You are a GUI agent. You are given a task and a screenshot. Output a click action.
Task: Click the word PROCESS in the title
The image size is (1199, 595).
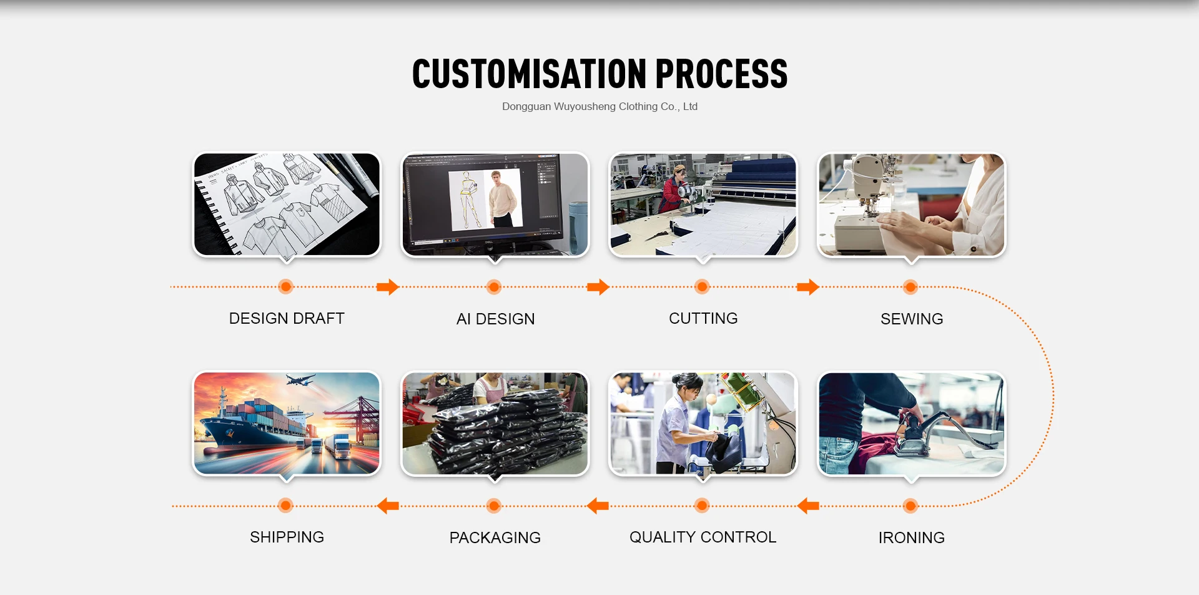click(x=721, y=74)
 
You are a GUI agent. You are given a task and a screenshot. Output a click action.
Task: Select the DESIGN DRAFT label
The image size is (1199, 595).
click(x=287, y=318)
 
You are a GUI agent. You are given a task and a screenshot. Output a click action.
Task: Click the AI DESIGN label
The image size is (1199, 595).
click(x=495, y=319)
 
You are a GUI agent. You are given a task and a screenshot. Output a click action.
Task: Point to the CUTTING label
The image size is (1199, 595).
click(x=703, y=318)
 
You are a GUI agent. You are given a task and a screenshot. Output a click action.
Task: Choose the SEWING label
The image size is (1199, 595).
click(x=912, y=319)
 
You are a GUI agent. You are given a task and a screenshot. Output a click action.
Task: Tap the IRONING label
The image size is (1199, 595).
click(x=911, y=537)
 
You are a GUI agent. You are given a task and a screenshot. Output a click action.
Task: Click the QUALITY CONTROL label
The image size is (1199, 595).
click(x=703, y=537)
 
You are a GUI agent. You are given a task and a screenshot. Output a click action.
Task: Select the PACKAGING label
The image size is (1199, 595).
click(x=495, y=537)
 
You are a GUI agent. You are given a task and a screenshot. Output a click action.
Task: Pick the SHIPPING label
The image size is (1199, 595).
click(x=287, y=537)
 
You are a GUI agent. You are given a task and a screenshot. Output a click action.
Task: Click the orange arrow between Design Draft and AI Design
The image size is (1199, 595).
click(x=388, y=287)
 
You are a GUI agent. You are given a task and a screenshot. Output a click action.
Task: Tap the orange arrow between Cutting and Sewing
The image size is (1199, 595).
click(x=808, y=287)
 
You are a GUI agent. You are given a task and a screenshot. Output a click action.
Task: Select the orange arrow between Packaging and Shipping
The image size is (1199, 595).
click(x=388, y=506)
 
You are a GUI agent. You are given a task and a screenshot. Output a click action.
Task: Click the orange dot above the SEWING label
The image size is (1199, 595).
click(x=910, y=287)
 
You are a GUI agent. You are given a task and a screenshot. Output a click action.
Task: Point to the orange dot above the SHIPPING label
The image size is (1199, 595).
click(x=285, y=506)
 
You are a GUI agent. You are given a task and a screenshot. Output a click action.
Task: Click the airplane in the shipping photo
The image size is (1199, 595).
click(x=300, y=380)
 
